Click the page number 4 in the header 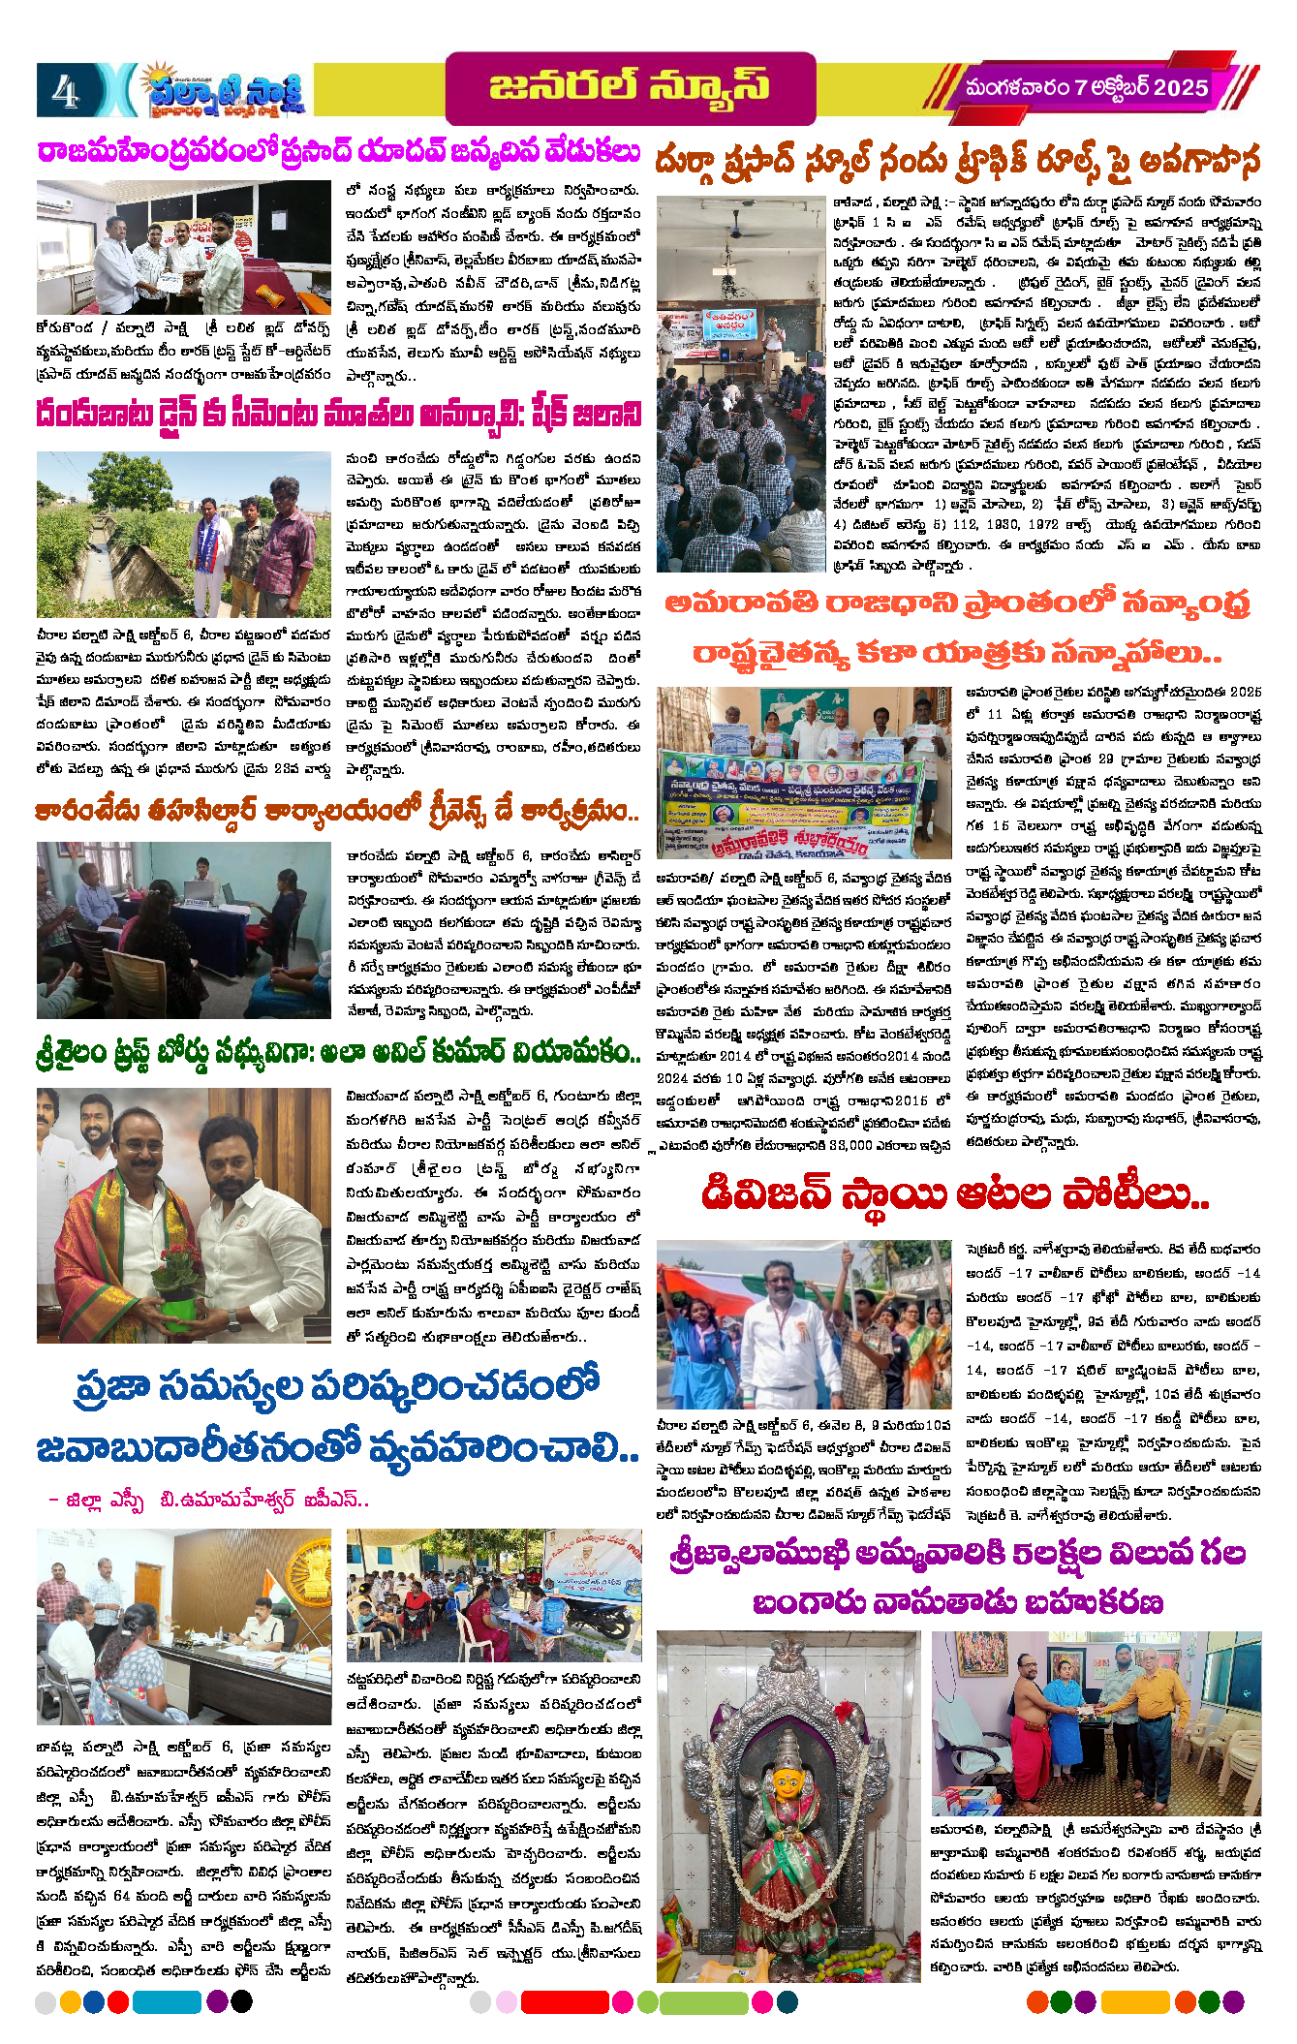pyautogui.click(x=66, y=92)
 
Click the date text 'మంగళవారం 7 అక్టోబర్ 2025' pyautogui.click(x=1086, y=88)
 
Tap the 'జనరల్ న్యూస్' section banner pyautogui.click(x=630, y=87)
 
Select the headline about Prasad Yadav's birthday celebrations pyautogui.click(x=339, y=153)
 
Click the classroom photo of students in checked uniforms pyautogui.click(x=741, y=384)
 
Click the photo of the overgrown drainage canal pyautogui.click(x=183, y=534)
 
